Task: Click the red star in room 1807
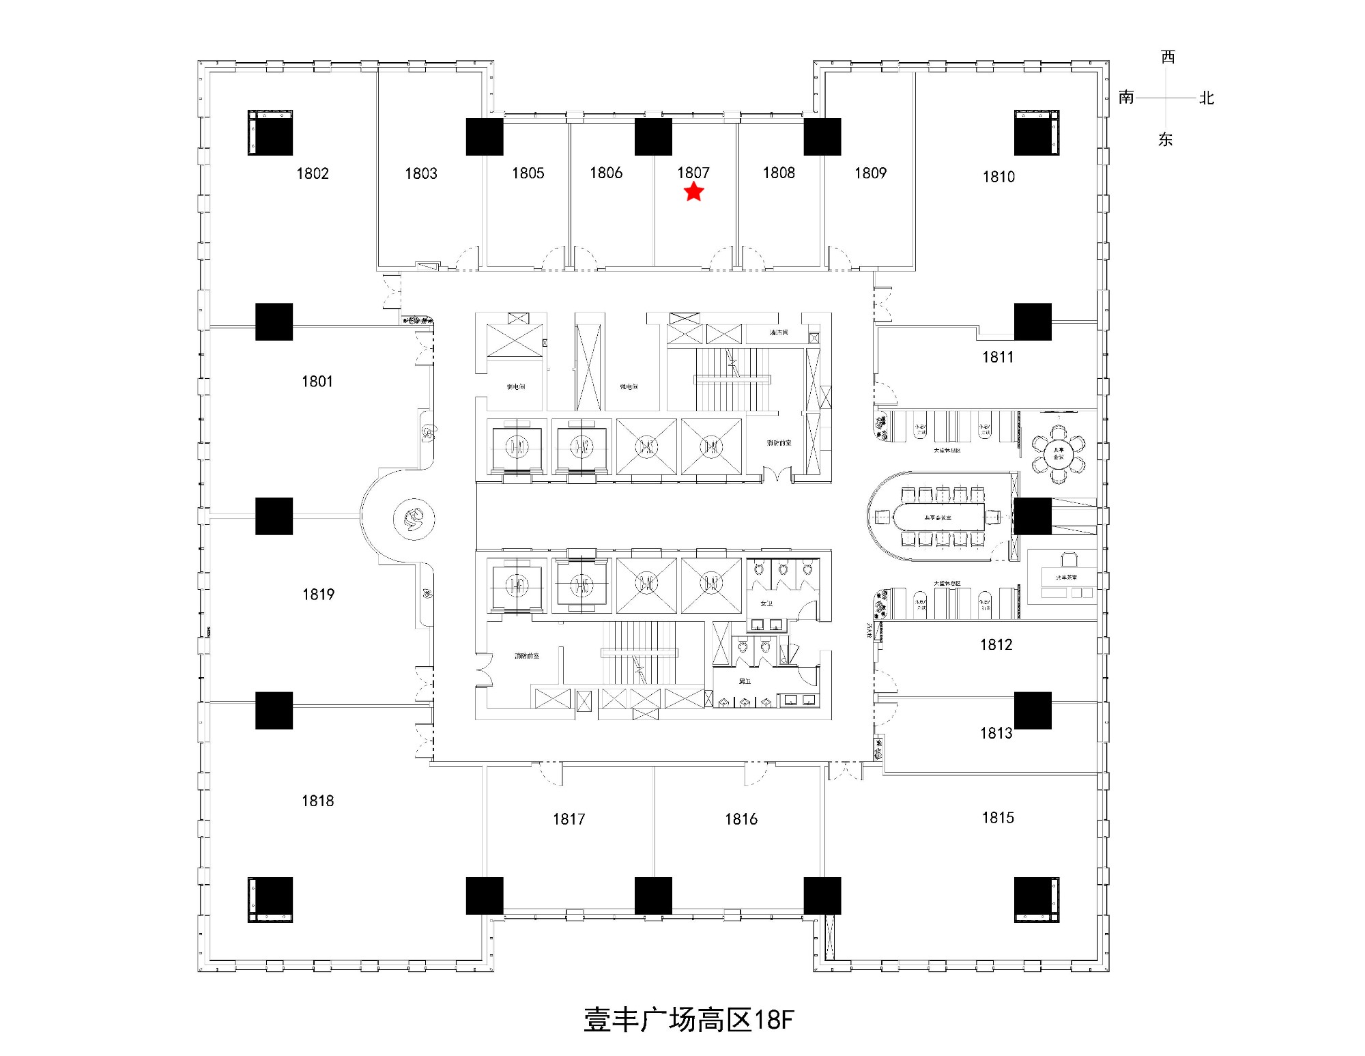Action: [693, 192]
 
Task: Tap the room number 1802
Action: [313, 173]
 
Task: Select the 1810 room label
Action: [998, 177]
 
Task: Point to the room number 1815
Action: [998, 817]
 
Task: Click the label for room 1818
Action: [318, 801]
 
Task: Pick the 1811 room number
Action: [998, 356]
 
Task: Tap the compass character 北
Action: [1207, 98]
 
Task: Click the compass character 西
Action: [1168, 57]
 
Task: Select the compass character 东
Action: [1166, 139]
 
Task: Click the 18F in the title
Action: [774, 1020]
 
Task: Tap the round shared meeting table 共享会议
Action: [1058, 453]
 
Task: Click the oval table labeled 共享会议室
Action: [938, 518]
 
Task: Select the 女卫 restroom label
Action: [766, 603]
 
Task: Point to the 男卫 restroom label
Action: [745, 681]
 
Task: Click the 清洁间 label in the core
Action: [779, 332]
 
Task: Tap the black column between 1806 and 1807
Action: [653, 137]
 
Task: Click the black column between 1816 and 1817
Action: [653, 896]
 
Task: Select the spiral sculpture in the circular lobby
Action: [414, 519]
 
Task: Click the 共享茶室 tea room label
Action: [1066, 577]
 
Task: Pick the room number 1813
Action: [996, 733]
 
